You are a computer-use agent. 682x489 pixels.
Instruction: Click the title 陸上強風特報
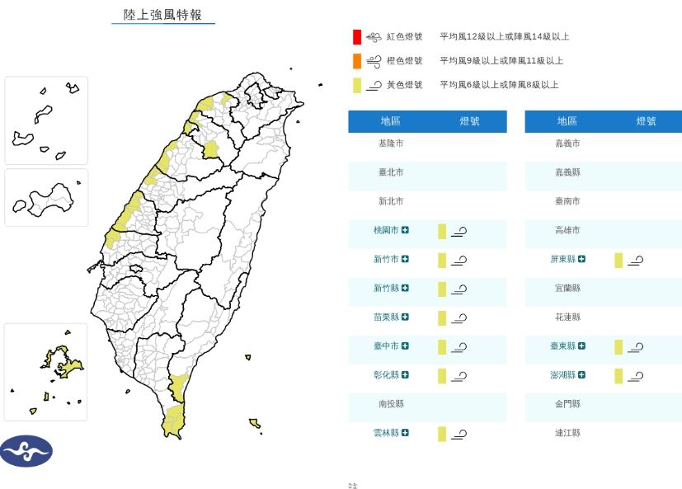(x=162, y=15)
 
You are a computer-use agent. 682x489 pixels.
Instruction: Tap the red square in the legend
(x=356, y=37)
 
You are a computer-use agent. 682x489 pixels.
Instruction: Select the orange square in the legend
(x=356, y=61)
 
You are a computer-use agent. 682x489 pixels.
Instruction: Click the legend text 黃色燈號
(x=404, y=85)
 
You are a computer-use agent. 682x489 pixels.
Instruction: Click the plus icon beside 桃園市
(x=406, y=231)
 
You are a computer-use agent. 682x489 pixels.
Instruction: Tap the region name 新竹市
(x=385, y=260)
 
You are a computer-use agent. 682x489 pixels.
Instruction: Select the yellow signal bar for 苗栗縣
(x=442, y=318)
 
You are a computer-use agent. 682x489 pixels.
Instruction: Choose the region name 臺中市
(x=385, y=346)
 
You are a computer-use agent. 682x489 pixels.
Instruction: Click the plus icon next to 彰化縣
(x=406, y=375)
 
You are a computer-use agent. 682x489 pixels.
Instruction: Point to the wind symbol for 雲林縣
(x=459, y=434)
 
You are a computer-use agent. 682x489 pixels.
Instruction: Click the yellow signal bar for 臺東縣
(x=619, y=347)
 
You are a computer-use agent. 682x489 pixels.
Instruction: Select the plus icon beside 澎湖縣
(x=582, y=375)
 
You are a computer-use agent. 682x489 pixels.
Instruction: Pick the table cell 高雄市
(x=567, y=231)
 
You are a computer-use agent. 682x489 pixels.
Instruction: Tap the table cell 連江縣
(x=567, y=433)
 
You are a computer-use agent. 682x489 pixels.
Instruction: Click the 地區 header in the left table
(x=390, y=121)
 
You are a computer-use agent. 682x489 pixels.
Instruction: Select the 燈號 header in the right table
(x=647, y=121)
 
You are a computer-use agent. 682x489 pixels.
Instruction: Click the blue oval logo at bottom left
(x=26, y=451)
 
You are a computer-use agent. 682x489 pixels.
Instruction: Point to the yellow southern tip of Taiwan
(x=172, y=420)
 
